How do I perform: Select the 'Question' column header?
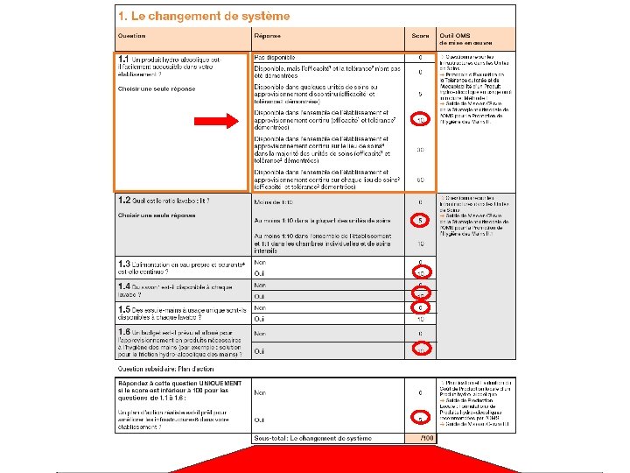tap(132, 36)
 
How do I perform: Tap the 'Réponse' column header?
tap(268, 36)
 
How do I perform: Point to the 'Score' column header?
tap(421, 36)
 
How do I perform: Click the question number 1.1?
tap(124, 60)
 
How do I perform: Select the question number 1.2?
tap(124, 201)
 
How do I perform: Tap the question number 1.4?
tap(124, 286)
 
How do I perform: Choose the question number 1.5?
tap(124, 309)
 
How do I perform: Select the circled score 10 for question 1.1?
tap(421, 119)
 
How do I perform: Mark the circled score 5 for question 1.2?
tap(421, 220)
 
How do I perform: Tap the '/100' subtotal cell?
tap(425, 438)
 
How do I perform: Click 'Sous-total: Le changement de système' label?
tap(311, 438)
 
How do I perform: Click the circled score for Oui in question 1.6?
tap(421, 350)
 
